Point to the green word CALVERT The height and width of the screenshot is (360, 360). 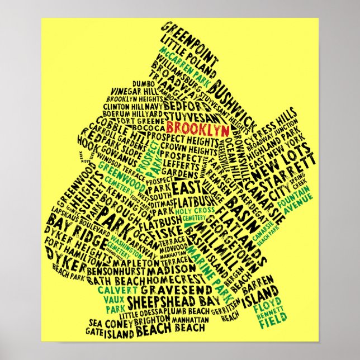117,290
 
